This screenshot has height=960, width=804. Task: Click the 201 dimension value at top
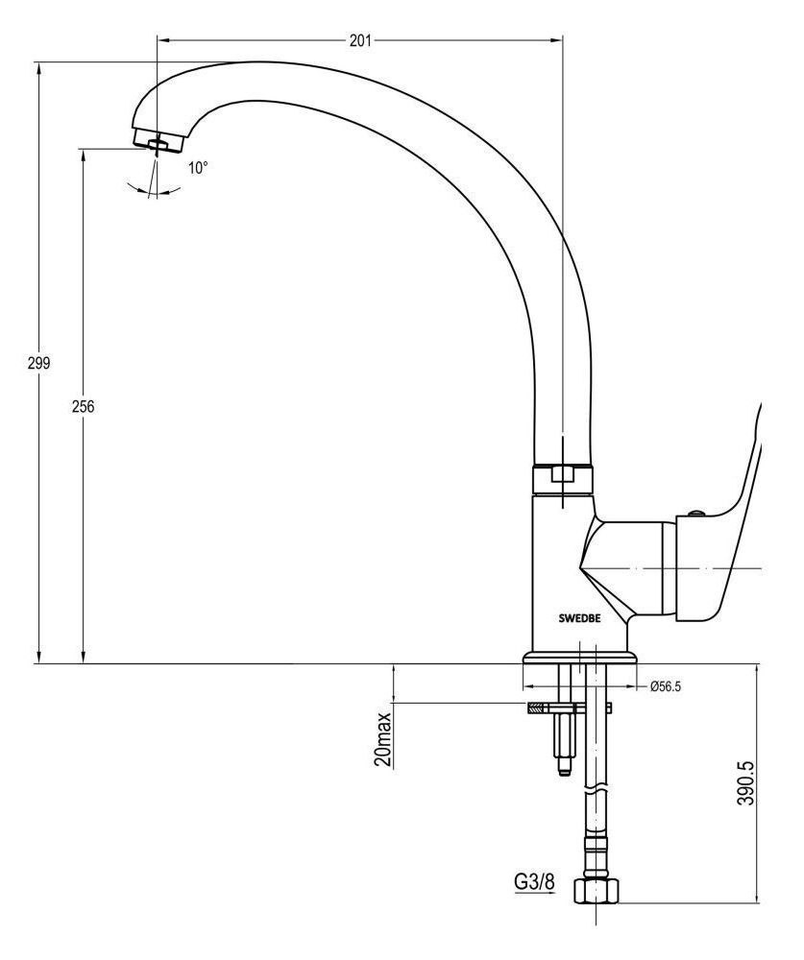click(x=360, y=40)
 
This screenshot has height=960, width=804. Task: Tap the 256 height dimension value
click(x=84, y=406)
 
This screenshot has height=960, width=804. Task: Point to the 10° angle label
click(x=198, y=168)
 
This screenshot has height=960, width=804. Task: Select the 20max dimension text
click(x=383, y=739)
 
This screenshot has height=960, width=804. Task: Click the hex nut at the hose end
click(x=595, y=892)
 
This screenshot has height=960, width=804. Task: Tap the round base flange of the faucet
click(x=580, y=659)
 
